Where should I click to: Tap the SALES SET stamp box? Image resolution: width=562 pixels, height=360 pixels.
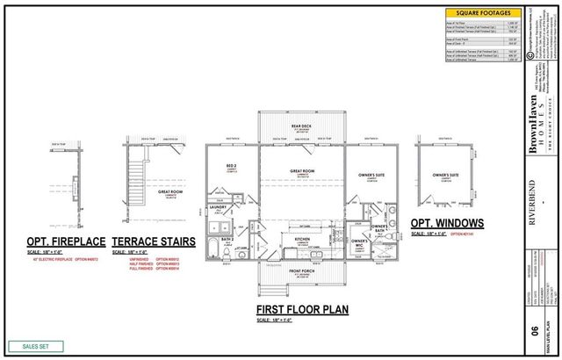(32, 347)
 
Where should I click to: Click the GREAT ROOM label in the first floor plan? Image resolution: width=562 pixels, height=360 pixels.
(301, 173)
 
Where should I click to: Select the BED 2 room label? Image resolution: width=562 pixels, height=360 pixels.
(231, 166)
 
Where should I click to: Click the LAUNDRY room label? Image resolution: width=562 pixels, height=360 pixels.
(220, 207)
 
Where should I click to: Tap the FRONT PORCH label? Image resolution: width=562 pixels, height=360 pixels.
(301, 271)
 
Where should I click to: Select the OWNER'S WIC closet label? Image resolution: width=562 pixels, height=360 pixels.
(358, 242)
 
